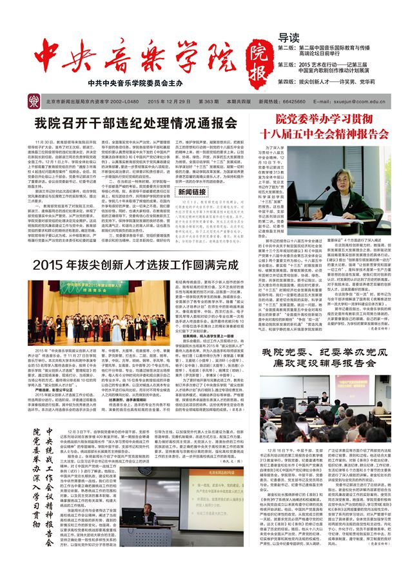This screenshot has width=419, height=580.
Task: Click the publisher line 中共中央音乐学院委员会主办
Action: coord(137,83)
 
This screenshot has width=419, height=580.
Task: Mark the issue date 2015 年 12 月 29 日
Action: coord(169,101)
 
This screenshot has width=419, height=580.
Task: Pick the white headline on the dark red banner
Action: coord(342,126)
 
